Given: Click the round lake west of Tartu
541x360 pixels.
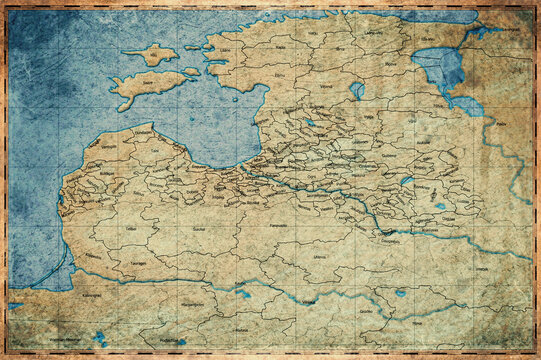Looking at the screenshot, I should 357,89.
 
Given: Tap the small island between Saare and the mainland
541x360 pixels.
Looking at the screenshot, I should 190,71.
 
